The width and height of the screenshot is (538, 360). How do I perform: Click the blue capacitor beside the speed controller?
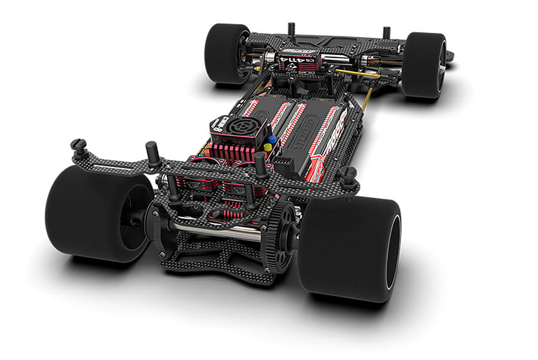[x=273, y=139]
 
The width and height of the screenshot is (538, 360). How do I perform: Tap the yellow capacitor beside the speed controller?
[x=268, y=147]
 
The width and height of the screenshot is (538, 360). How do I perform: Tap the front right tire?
[x=423, y=65]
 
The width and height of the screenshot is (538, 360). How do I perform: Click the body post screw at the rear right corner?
[x=348, y=175]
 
